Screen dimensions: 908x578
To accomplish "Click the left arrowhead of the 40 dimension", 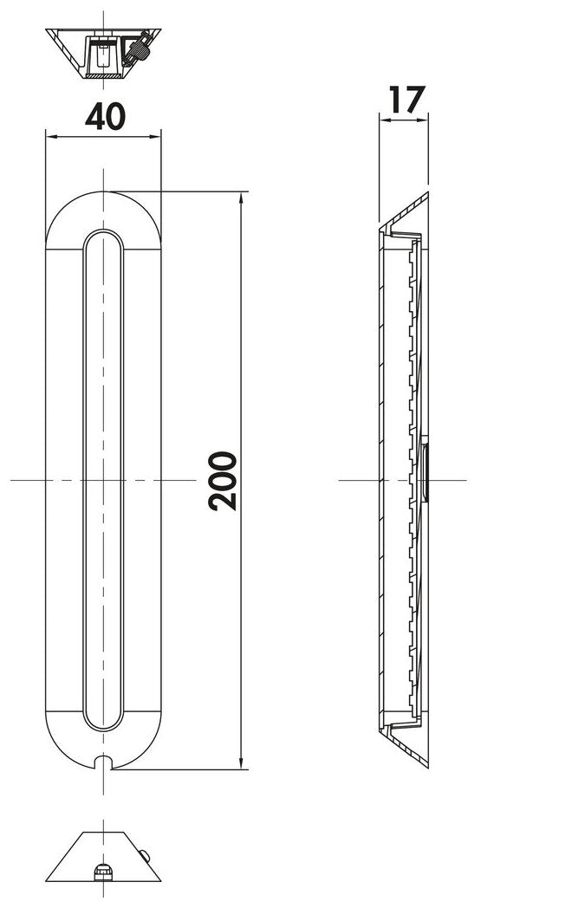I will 50,136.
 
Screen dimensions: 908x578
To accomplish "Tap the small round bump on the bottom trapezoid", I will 144,857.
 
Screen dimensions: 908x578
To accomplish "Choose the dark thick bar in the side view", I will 425,471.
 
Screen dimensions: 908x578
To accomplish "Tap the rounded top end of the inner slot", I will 103,239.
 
